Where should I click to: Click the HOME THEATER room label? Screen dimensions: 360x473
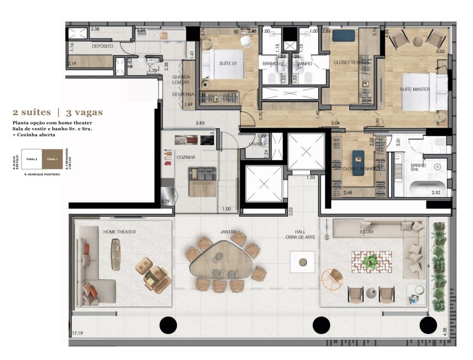pyautogui.click(x=119, y=232)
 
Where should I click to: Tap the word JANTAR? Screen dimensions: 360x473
pyautogui.click(x=228, y=232)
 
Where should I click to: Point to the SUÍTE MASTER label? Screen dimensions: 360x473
pyautogui.click(x=415, y=89)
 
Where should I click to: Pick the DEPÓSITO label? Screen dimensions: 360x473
pyautogui.click(x=102, y=47)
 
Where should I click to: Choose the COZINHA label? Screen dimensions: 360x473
pyautogui.click(x=186, y=156)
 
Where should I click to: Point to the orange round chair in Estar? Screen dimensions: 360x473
pyautogui.click(x=332, y=280)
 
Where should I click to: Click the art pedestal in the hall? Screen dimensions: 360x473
pyautogui.click(x=302, y=263)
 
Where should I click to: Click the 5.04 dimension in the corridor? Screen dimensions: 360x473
pyautogui.click(x=335, y=123)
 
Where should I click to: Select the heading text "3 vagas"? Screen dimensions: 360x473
pyautogui.click(x=84, y=113)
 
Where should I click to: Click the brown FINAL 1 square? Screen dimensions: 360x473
pyautogui.click(x=52, y=159)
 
